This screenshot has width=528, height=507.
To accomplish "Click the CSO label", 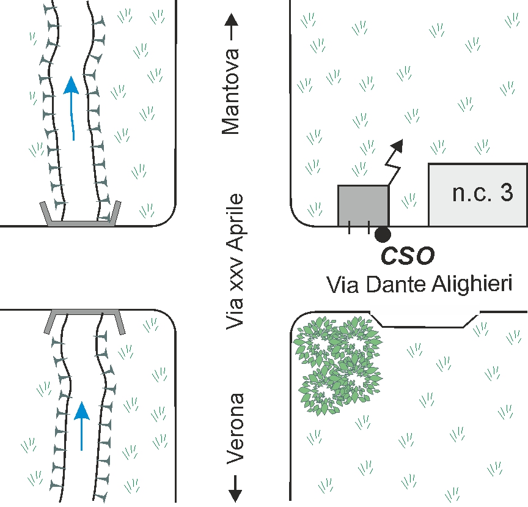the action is click(408, 256).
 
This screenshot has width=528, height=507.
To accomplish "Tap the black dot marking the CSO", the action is click(383, 234).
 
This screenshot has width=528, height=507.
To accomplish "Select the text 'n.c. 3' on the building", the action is click(483, 193).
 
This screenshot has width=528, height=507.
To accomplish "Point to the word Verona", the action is click(235, 429).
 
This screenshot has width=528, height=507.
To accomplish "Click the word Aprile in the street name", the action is click(235, 222).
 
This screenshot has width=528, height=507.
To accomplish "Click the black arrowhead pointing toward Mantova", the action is click(232, 20).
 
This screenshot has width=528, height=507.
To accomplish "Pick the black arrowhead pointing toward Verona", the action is click(235, 495).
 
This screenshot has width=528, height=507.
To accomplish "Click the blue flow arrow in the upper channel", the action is click(71, 108).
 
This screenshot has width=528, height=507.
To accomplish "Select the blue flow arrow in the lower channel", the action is click(81, 426).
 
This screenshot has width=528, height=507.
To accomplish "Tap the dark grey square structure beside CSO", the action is click(364, 205).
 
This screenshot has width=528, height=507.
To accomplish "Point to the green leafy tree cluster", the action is click(338, 365).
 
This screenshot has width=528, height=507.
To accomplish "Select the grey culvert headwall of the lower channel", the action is click(84, 313).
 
